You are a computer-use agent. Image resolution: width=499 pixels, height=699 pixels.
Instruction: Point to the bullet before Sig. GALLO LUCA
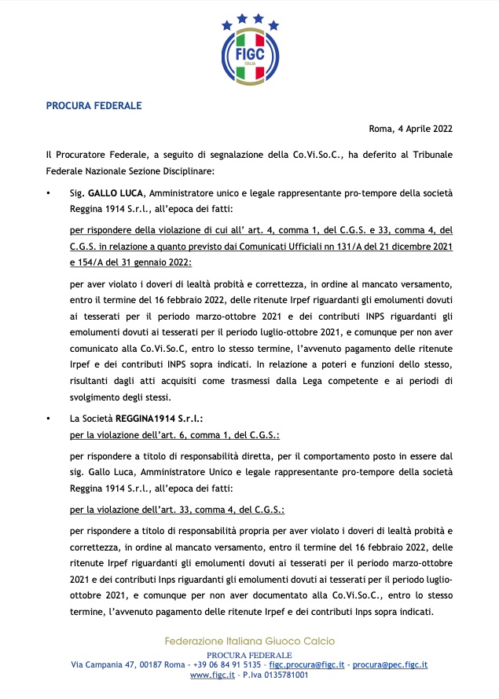[49, 192]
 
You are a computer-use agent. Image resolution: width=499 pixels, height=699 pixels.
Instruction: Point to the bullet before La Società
[49, 419]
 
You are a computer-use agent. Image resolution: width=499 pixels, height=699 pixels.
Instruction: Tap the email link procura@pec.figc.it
[390, 664]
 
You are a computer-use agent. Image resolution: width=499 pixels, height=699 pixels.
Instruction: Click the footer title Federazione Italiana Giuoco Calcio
[249, 642]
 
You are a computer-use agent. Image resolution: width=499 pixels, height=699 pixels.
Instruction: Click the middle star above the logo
[249, 16]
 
